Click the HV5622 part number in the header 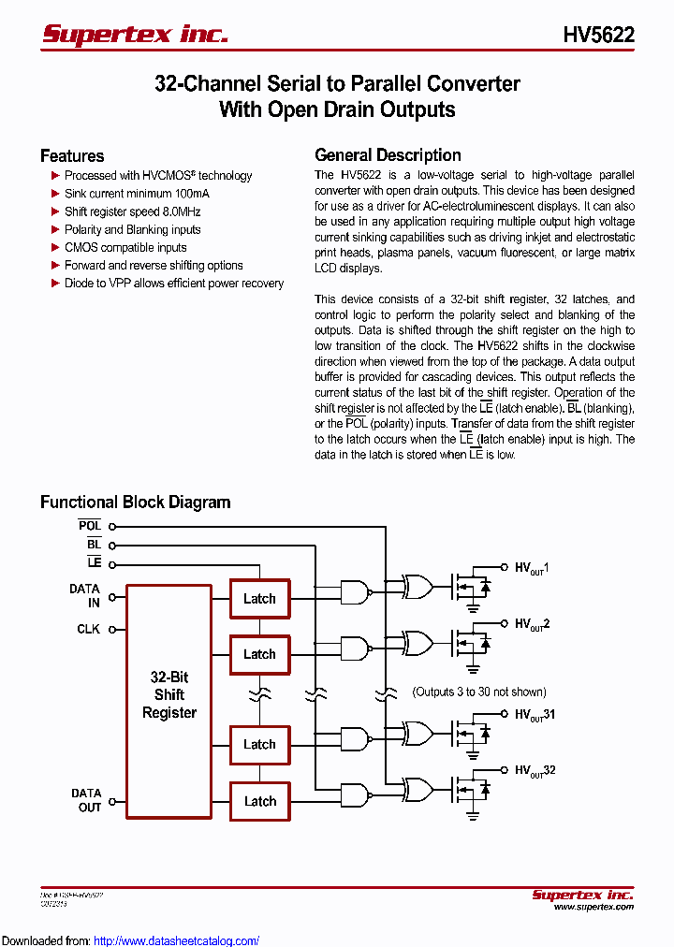click(x=598, y=36)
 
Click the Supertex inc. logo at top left click(x=135, y=35)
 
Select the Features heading click(x=72, y=156)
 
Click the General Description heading click(x=388, y=155)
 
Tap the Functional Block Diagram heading click(x=135, y=503)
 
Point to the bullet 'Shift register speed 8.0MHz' click(x=132, y=211)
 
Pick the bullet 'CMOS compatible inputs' click(x=125, y=247)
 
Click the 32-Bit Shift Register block click(x=169, y=695)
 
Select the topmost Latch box click(x=259, y=599)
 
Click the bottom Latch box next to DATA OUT click(x=259, y=801)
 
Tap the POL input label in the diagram click(x=90, y=526)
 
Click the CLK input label click(x=88, y=629)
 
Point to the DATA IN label click(x=85, y=596)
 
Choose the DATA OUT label click(x=86, y=800)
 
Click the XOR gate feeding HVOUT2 click(x=417, y=642)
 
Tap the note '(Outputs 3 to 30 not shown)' click(x=478, y=692)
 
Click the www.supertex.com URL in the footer click(x=593, y=907)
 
